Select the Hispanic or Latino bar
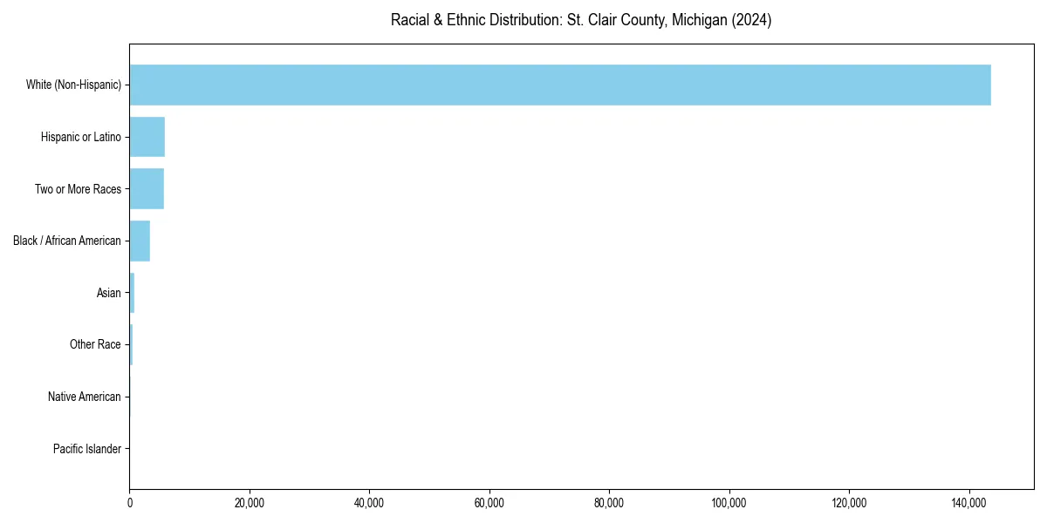coord(147,137)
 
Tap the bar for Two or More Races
coord(147,189)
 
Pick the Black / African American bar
coord(140,241)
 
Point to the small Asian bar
coord(132,293)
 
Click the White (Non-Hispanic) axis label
coord(73,85)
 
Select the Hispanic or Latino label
coord(81,137)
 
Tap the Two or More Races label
coord(78,189)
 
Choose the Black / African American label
coord(67,241)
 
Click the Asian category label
coord(109,293)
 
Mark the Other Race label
coord(95,345)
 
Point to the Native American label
coord(85,397)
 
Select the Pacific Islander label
coord(87,449)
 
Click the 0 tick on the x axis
coord(130,503)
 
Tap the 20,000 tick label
coord(250,503)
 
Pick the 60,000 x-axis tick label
coord(489,503)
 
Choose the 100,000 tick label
coord(729,503)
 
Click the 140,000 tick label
coord(968,503)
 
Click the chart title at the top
coord(581,20)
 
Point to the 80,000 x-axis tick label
coord(609,503)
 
